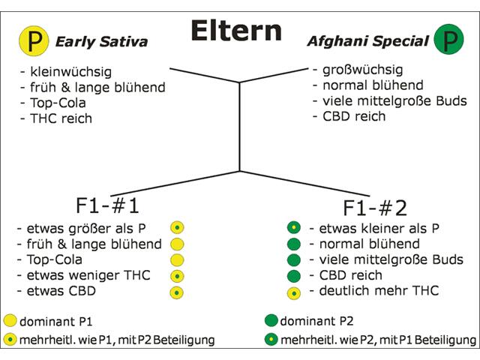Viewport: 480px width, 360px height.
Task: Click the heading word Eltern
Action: (x=236, y=31)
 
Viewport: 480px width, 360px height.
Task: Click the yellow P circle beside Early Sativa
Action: (x=34, y=40)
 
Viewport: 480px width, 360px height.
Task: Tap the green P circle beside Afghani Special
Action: (x=448, y=40)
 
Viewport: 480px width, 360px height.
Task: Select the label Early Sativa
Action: (x=102, y=42)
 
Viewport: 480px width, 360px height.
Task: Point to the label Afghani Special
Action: (x=368, y=41)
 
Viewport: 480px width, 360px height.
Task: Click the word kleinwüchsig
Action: (x=70, y=72)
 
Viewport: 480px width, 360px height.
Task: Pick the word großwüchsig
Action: (x=363, y=70)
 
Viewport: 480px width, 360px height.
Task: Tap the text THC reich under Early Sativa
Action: (x=61, y=118)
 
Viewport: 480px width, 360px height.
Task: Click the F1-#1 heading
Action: (x=107, y=205)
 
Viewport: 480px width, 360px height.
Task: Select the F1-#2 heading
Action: (x=375, y=208)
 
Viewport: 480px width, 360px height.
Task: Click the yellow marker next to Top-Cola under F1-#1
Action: (x=177, y=260)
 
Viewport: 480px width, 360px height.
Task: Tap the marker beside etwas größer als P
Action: (x=177, y=228)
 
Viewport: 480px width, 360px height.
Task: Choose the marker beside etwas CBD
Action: (x=177, y=292)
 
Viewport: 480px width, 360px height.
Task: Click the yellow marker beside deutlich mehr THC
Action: (x=294, y=293)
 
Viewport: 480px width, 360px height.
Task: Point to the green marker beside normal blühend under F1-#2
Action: (x=294, y=244)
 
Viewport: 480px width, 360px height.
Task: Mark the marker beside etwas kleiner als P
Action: (x=294, y=228)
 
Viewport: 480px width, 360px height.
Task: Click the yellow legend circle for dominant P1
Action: (x=10, y=320)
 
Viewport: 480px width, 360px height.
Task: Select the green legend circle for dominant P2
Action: (x=271, y=320)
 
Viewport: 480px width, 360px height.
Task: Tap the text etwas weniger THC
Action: (x=88, y=275)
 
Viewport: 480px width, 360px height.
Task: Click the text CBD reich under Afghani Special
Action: (x=354, y=116)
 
